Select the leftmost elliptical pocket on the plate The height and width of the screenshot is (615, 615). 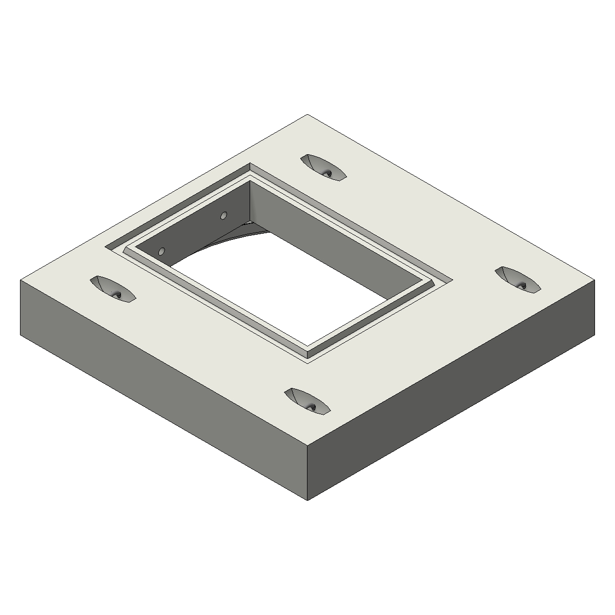112,289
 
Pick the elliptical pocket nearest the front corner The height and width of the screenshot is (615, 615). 307,401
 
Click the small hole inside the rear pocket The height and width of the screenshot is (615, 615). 329,173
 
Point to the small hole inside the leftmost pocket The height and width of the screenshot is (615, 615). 117,295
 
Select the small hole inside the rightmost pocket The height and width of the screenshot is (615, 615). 523,285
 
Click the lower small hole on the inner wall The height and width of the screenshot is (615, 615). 161,251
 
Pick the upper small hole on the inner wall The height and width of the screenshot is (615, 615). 223,215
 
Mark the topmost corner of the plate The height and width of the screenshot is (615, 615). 307,115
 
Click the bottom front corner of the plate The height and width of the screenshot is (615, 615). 307,500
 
